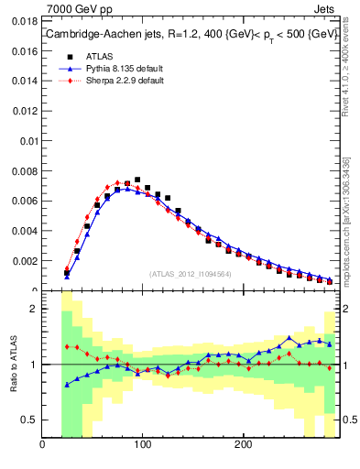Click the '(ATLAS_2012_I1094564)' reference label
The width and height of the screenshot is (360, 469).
pos(190,274)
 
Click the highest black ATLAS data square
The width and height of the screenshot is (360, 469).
pos(137,180)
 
